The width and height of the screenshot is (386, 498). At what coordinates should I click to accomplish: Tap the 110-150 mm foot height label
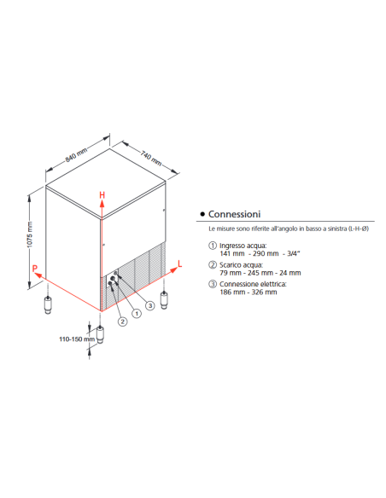[x=75, y=339]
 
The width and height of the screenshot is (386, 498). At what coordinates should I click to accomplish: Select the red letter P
[x=35, y=269]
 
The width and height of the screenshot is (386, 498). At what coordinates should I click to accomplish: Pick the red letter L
[x=179, y=264]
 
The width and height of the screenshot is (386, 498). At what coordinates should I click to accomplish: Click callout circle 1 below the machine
[x=135, y=315]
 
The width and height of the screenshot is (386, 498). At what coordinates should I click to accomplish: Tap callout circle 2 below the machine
[x=122, y=321]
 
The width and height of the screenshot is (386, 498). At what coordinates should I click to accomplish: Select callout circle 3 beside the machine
[x=150, y=304]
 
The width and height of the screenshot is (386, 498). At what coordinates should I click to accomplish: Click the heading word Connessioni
[x=235, y=214]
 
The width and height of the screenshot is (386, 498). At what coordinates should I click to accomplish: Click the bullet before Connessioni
[x=202, y=214]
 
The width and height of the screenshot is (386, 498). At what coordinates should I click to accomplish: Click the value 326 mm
[x=264, y=292]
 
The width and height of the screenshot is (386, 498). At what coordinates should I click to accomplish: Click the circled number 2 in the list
[x=213, y=264]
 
